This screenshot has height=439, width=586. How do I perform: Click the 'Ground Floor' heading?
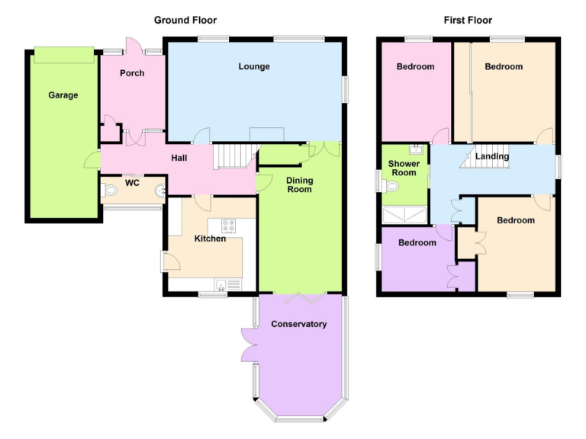click(x=185, y=20)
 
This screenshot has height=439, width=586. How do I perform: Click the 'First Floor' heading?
click(x=468, y=20)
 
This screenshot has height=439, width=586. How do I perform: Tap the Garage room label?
click(x=63, y=95)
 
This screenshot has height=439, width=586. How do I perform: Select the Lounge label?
click(x=254, y=67)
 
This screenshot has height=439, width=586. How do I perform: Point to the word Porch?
click(x=133, y=74)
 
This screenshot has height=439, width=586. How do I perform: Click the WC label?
click(x=131, y=183)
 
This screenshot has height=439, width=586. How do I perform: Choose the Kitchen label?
click(x=210, y=239)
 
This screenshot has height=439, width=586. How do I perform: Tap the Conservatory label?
click(x=299, y=324)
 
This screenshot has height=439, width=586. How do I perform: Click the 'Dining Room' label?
click(x=300, y=184)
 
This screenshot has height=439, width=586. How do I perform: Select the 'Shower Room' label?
click(x=403, y=168)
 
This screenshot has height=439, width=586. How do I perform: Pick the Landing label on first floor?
click(x=492, y=157)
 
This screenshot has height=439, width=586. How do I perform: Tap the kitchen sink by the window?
click(x=221, y=286)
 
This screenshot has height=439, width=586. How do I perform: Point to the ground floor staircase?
click(x=233, y=157)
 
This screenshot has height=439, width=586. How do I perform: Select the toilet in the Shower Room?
click(x=390, y=184)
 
